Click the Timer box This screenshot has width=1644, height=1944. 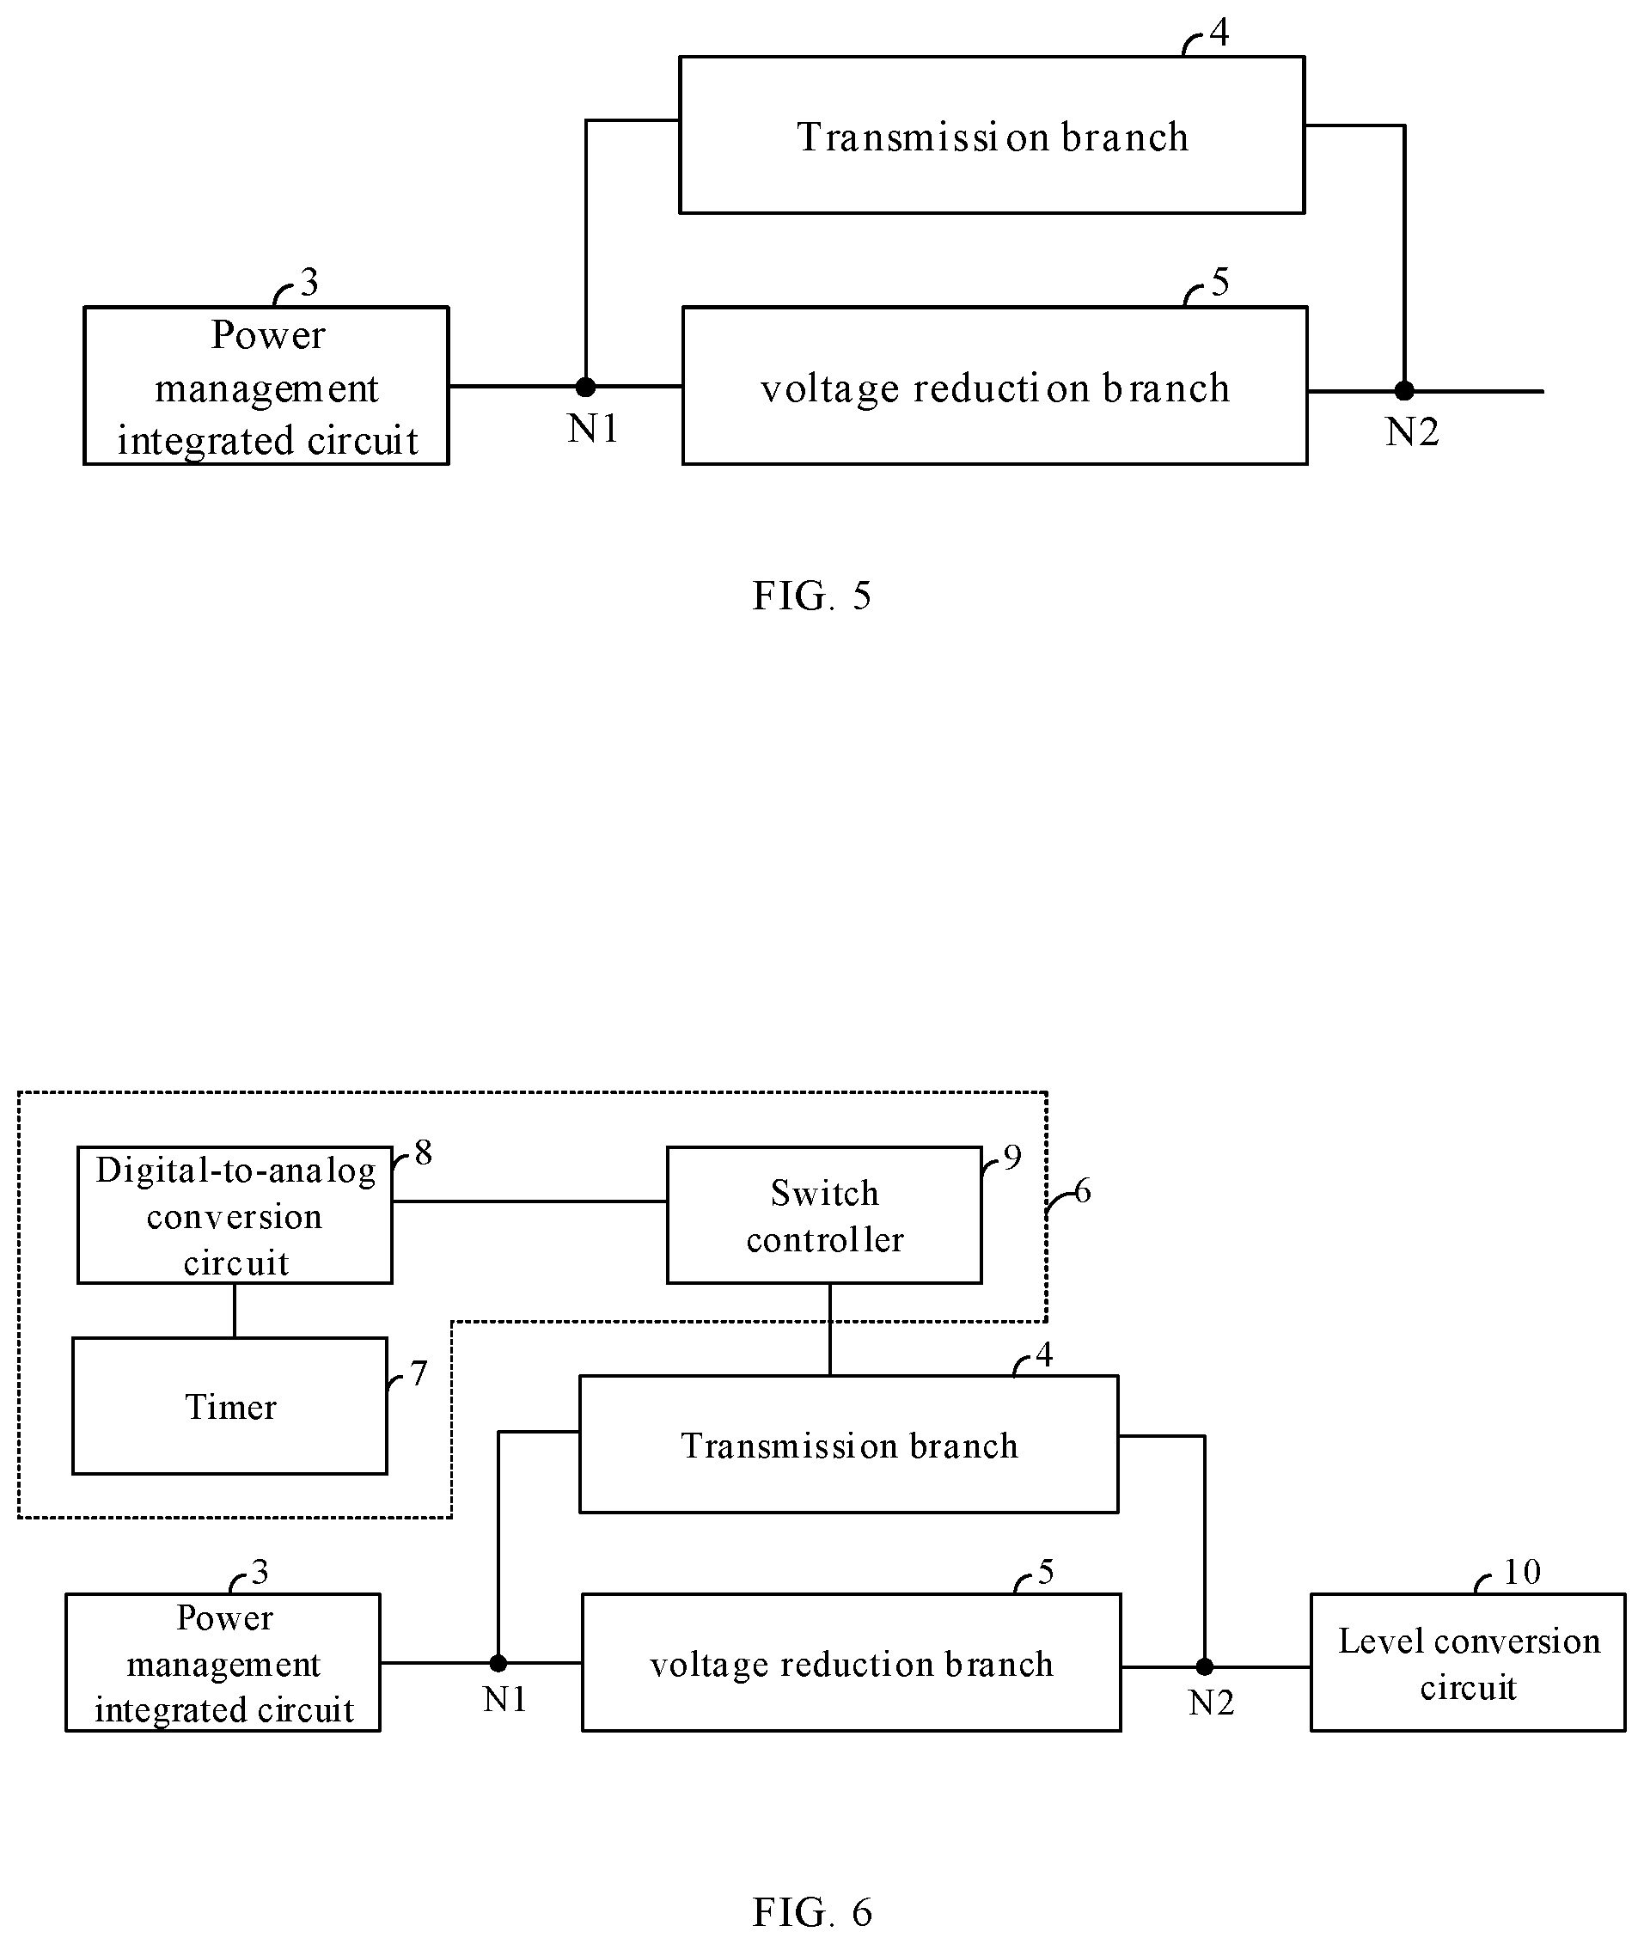(x=230, y=1406)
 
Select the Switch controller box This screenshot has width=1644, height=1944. (x=825, y=1215)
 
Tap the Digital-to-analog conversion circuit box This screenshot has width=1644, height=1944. (x=235, y=1215)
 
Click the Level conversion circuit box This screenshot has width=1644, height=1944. (x=1468, y=1663)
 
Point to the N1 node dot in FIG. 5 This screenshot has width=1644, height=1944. (x=585, y=386)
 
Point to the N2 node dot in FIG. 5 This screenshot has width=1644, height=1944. (x=1404, y=390)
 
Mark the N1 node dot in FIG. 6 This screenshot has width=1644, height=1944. (x=498, y=1663)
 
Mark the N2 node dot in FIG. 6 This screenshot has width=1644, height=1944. (x=1204, y=1666)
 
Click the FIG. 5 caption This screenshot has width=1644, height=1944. (x=812, y=596)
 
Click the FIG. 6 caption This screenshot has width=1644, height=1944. (x=812, y=1912)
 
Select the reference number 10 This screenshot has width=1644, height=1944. (x=1522, y=1573)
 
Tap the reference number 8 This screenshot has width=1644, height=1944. (x=423, y=1152)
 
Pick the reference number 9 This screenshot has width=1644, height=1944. (x=1012, y=1158)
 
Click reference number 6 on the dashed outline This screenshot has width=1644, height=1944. (x=1082, y=1191)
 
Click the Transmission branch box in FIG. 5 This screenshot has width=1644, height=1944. (x=992, y=135)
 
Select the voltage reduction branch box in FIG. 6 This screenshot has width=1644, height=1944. (x=851, y=1663)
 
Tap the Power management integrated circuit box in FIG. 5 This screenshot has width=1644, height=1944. (x=266, y=386)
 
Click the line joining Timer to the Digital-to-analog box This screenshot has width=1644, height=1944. (x=234, y=1311)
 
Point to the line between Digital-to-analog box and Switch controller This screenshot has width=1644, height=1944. (x=529, y=1201)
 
